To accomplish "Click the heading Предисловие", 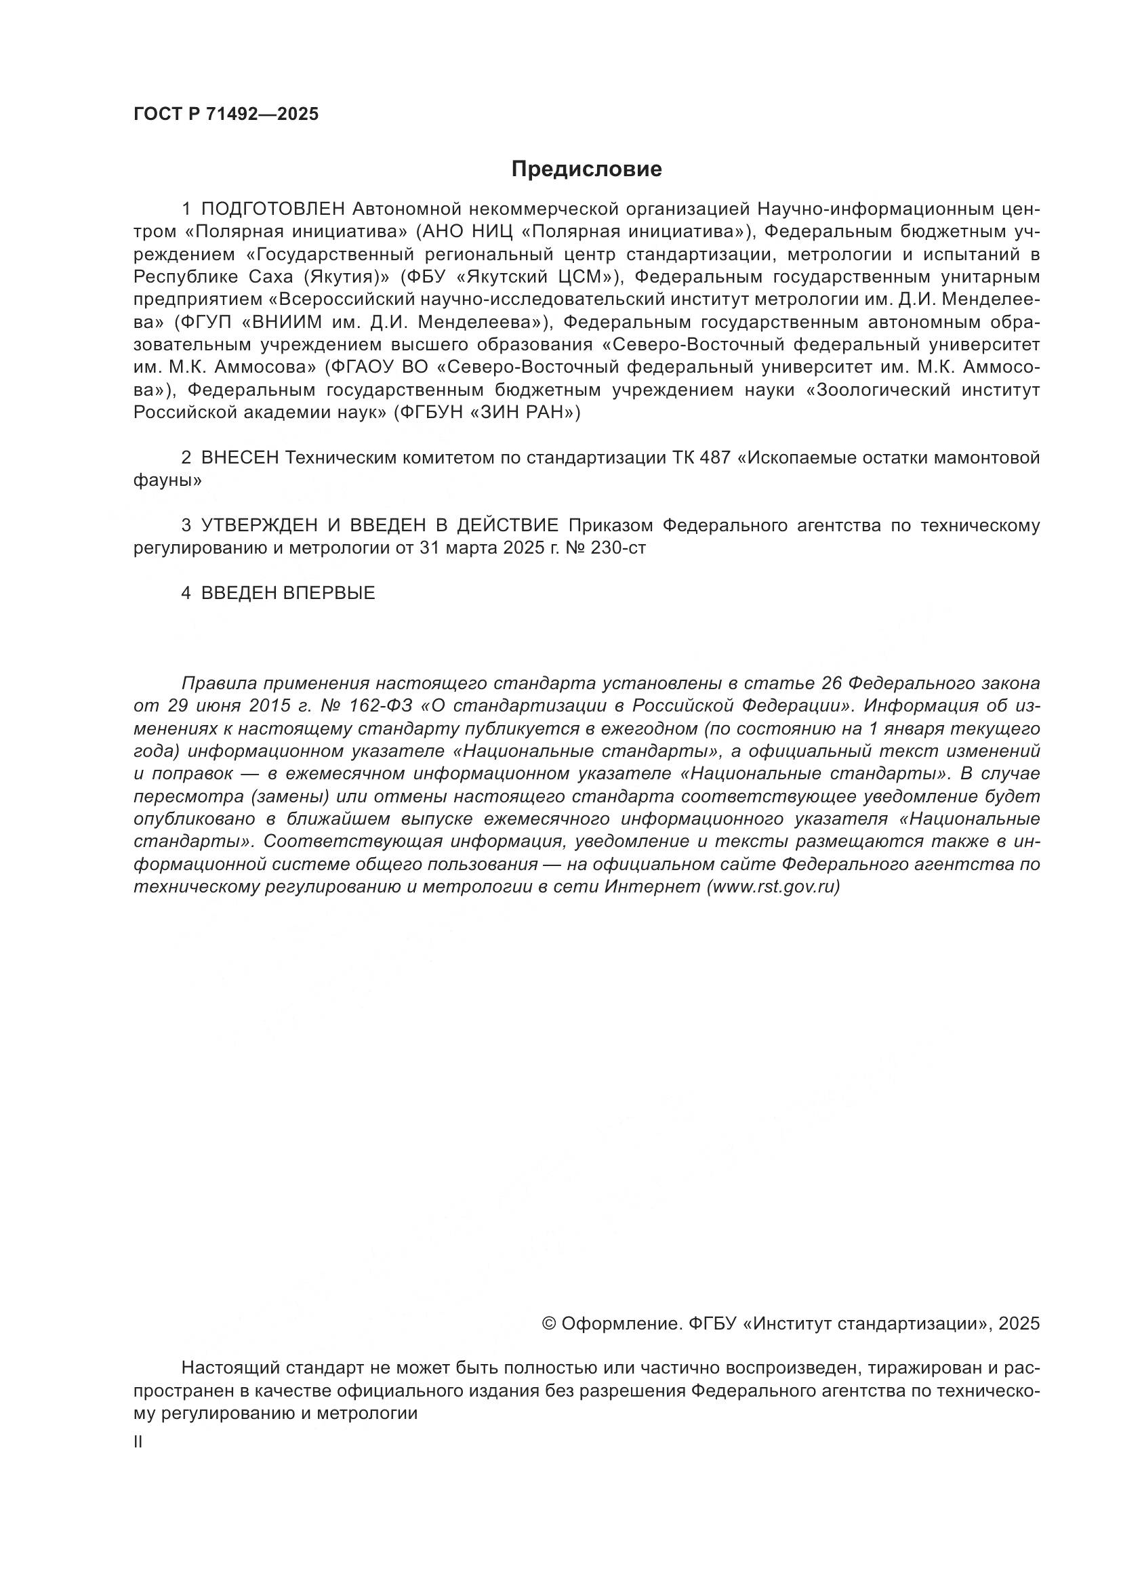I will click(586, 169).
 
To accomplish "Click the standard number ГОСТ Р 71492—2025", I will click(226, 115).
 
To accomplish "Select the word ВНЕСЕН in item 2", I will click(239, 457).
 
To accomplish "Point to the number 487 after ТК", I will click(714, 457).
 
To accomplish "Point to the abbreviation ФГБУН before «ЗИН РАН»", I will click(432, 413).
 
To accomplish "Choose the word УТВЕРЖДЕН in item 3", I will click(260, 526).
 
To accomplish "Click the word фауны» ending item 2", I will click(167, 480).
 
